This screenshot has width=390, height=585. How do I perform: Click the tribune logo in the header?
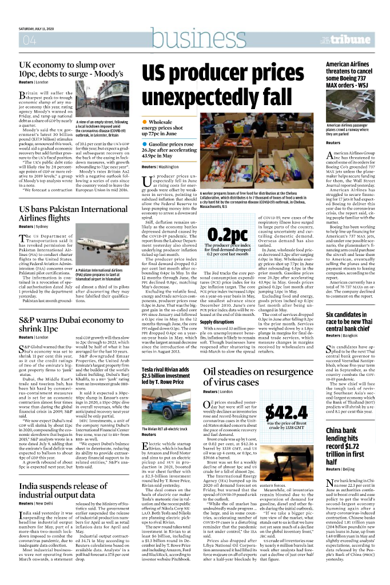pos(359,39)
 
